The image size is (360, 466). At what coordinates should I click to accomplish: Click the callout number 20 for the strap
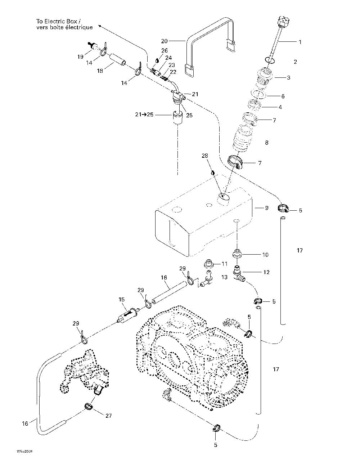164,40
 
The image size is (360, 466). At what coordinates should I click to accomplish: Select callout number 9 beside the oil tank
266,208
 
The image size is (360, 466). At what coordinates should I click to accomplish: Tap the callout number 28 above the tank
204,156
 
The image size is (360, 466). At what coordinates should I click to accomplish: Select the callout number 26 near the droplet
165,50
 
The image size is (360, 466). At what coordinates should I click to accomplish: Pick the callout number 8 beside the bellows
266,143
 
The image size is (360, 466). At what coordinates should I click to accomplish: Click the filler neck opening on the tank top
224,197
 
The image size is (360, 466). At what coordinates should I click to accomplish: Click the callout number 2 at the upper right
295,62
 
